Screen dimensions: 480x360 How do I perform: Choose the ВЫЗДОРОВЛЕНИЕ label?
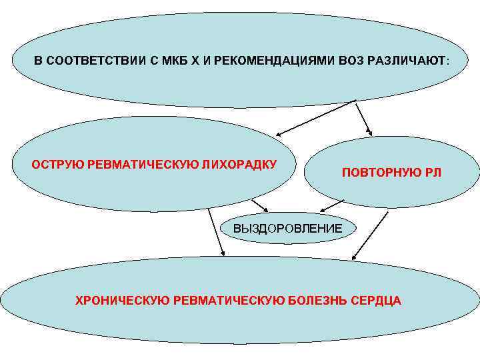[x=288, y=229]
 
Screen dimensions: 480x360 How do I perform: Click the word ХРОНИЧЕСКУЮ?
[x=121, y=300]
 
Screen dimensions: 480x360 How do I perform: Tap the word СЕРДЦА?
[x=376, y=300]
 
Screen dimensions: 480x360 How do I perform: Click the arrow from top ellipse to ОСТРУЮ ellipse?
[x=317, y=117]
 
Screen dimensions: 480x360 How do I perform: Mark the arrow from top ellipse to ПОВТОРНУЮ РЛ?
[x=364, y=117]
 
